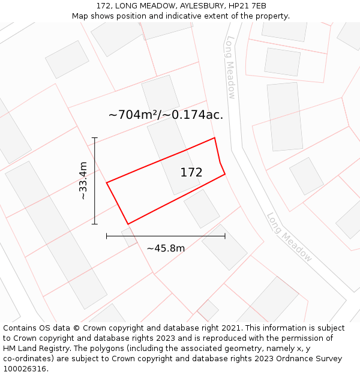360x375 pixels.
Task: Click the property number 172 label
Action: (191, 173)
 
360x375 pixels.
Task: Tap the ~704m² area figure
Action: (133, 115)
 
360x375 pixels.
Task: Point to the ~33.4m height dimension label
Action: (83, 181)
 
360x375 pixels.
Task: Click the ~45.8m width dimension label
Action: (166, 248)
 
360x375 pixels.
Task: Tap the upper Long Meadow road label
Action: (230, 67)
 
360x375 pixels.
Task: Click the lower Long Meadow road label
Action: (289, 237)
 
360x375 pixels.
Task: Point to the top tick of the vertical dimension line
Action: (94, 138)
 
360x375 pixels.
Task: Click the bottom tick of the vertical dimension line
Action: (94, 224)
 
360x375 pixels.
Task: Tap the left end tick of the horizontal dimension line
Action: (107, 236)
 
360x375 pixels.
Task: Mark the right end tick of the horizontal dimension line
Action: (225, 236)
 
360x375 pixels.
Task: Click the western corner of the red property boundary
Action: (107, 182)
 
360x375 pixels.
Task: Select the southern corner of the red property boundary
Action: (128, 224)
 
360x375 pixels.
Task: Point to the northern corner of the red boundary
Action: (214, 138)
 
